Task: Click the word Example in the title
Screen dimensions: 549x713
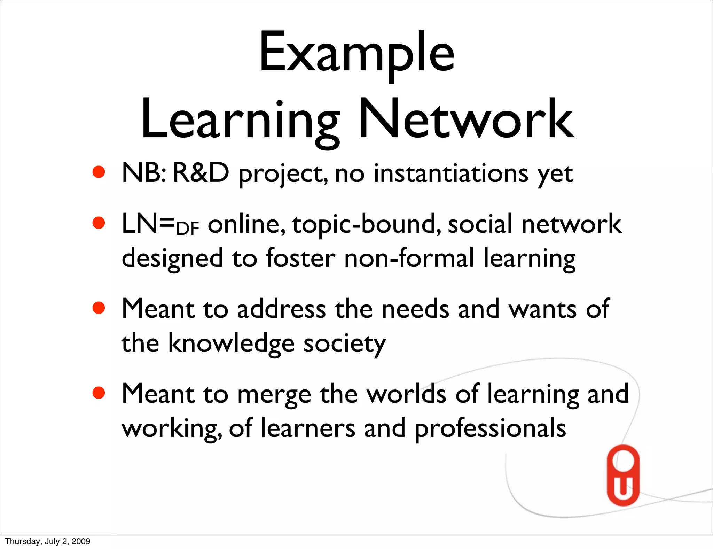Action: (356, 53)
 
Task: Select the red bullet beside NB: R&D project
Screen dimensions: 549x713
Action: (99, 172)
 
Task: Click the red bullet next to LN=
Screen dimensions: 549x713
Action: (99, 223)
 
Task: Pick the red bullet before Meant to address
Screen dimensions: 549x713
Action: (99, 308)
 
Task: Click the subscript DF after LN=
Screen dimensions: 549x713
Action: (188, 229)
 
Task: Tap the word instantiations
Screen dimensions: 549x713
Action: (451, 173)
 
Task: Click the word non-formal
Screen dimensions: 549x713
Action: (409, 258)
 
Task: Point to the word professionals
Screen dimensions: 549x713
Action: (490, 428)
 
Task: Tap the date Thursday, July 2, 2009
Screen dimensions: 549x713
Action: (48, 541)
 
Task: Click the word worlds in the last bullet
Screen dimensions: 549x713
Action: (407, 394)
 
